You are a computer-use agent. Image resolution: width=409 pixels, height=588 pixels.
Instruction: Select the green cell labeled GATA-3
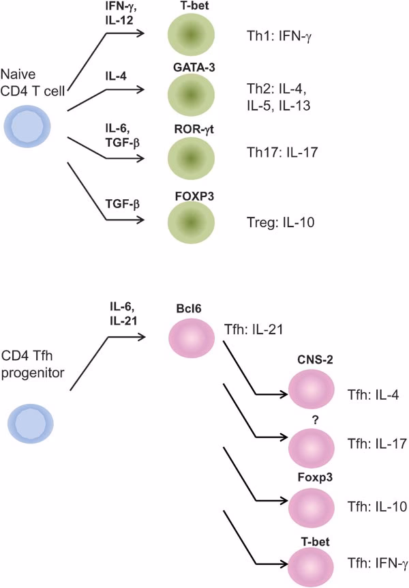192,96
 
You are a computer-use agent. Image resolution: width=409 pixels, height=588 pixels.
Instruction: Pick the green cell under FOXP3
192,221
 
